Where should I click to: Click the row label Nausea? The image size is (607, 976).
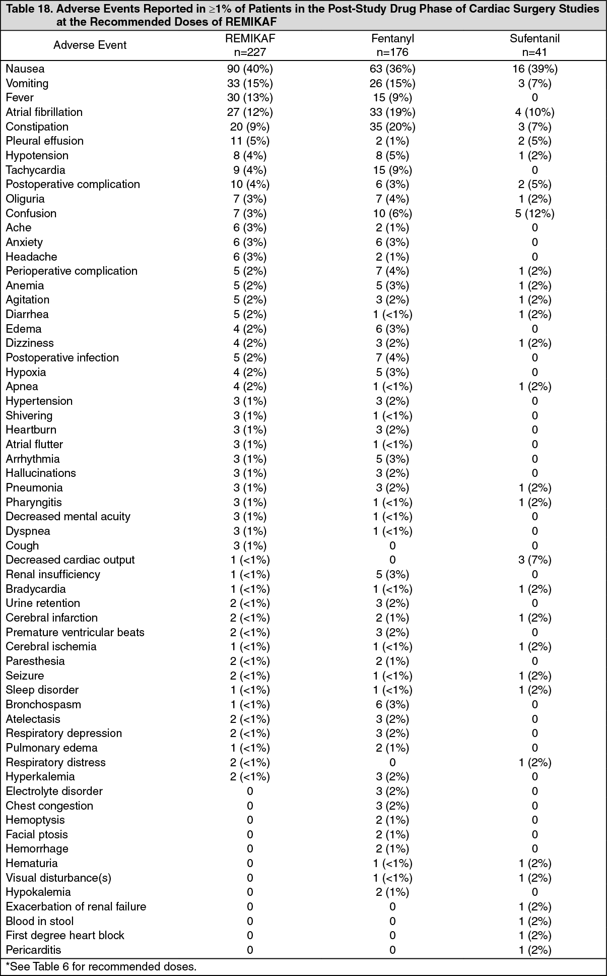click(25, 69)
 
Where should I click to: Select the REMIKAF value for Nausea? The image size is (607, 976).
click(250, 69)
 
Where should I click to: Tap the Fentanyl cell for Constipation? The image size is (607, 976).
click(392, 127)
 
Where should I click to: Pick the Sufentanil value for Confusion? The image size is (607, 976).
click(534, 213)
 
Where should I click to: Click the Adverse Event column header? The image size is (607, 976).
click(90, 45)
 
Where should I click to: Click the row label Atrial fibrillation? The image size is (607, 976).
click(44, 112)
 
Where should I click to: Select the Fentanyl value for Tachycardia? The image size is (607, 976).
click(392, 170)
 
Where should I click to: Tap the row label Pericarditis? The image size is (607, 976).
click(33, 950)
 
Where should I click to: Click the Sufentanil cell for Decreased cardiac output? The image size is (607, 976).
click(534, 560)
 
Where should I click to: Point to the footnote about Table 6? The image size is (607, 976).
click(101, 966)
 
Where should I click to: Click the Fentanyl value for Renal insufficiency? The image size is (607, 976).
click(392, 575)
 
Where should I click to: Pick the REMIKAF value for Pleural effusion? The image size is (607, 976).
click(250, 141)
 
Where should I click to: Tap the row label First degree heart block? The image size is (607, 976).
click(65, 936)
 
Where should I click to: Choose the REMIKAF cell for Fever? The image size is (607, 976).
click(250, 98)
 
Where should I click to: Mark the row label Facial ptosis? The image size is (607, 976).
click(37, 835)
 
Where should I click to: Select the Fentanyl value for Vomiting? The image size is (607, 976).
click(392, 83)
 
